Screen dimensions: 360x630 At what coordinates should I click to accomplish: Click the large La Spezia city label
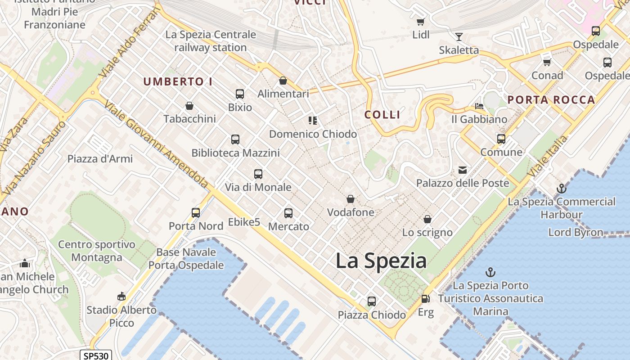click(381, 261)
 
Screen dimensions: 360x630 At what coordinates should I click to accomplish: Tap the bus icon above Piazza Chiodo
click(372, 301)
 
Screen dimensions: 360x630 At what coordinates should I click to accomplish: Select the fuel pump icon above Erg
click(425, 299)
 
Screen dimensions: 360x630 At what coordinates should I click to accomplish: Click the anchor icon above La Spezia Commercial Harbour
click(561, 189)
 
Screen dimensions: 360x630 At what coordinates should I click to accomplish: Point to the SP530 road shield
click(96, 355)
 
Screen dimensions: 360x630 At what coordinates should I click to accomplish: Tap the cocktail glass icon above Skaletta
click(459, 37)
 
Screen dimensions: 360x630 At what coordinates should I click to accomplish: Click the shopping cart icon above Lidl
click(421, 22)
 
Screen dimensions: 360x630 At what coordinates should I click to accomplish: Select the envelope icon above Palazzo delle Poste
click(463, 170)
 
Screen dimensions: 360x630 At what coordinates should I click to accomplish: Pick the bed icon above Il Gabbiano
click(479, 106)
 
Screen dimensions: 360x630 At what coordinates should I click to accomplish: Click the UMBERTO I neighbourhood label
click(178, 82)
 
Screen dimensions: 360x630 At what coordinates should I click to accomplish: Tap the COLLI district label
click(382, 115)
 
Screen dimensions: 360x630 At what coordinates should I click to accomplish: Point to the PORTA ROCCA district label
click(551, 100)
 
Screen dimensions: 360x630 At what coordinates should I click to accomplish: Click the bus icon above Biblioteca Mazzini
click(235, 139)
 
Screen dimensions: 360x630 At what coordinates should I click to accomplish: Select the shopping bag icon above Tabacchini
click(189, 106)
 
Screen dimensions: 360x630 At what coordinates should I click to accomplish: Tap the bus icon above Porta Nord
click(196, 213)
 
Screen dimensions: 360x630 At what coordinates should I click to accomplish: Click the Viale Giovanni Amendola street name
click(156, 144)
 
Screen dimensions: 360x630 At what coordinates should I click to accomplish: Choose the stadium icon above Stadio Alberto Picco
click(121, 297)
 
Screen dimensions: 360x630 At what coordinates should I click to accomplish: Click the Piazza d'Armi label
click(100, 159)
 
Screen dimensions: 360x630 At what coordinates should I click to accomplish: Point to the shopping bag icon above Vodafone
click(351, 199)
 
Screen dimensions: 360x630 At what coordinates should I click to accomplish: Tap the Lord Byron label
click(576, 232)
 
